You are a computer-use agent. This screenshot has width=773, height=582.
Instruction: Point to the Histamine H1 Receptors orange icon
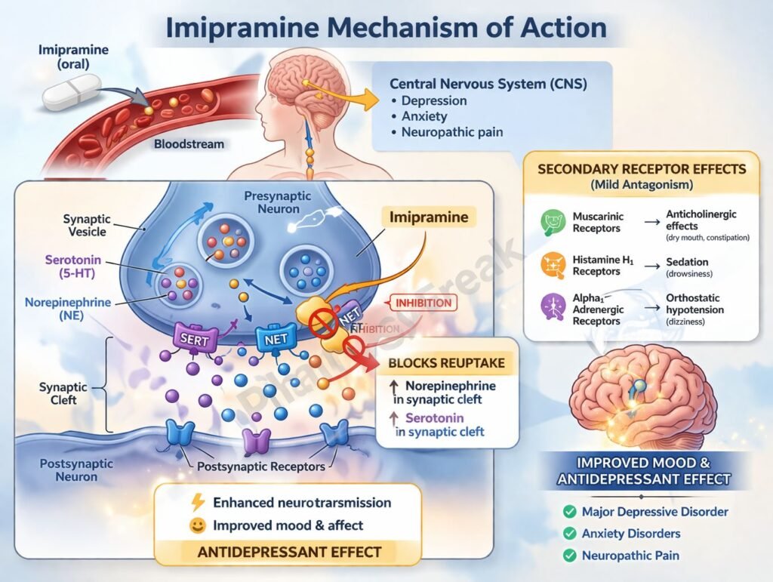551,265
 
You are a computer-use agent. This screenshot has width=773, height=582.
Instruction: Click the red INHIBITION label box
423,303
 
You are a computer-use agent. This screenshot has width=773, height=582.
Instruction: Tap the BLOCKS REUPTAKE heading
445,363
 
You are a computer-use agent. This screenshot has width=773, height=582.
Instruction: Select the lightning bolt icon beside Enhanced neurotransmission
199,503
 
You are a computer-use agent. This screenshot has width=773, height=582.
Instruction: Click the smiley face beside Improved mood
199,525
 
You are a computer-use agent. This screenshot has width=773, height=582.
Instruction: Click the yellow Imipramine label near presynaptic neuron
428,218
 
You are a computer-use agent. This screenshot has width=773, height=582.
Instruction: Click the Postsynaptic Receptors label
260,466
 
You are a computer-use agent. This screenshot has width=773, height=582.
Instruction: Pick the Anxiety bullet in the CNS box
424,116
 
